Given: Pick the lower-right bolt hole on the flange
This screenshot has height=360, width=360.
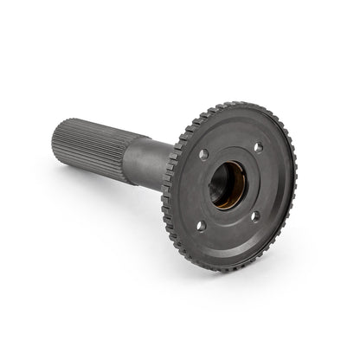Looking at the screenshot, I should [x=255, y=215].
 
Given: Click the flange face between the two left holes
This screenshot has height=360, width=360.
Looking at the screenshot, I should [x=195, y=190].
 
